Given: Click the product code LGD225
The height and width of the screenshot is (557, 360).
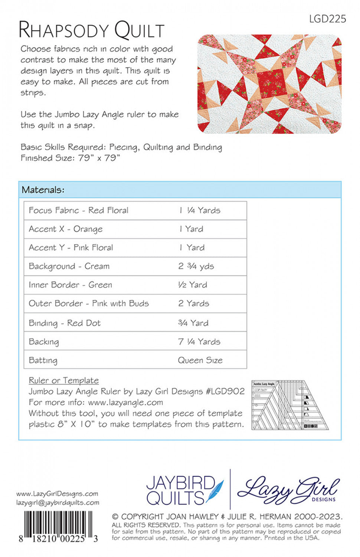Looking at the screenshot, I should (x=327, y=19).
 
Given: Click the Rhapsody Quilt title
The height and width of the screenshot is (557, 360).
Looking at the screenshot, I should (x=92, y=30).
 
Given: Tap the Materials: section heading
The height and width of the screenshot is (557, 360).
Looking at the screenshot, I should (x=43, y=190).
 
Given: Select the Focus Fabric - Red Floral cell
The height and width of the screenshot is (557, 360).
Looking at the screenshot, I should (x=79, y=211).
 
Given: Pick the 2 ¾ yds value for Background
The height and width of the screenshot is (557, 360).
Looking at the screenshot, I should (x=196, y=266).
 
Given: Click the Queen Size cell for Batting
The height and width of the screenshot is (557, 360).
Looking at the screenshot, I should (x=200, y=360).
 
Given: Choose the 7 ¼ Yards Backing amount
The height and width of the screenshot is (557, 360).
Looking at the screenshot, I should (x=199, y=341).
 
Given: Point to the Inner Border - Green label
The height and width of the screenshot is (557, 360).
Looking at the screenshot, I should (x=71, y=285).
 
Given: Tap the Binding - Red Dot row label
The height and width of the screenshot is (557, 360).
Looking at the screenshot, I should (x=65, y=323).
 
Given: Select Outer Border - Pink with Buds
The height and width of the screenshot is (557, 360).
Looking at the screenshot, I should (x=89, y=303).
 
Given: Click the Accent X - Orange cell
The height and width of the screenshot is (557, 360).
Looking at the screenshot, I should (x=66, y=229).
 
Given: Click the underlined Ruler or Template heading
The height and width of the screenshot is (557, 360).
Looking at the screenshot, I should (x=64, y=380).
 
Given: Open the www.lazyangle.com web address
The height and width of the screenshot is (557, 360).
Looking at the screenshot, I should (x=125, y=402).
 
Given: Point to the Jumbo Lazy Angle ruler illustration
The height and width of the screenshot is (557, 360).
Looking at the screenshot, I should (x=289, y=405).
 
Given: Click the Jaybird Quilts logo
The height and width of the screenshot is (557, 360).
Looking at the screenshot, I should (x=185, y=490).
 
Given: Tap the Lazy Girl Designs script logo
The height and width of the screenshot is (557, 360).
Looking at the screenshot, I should (x=288, y=489).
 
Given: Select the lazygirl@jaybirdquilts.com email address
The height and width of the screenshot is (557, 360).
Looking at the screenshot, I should (x=58, y=502).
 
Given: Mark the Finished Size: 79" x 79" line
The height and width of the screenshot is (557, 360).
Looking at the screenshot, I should (x=71, y=158).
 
